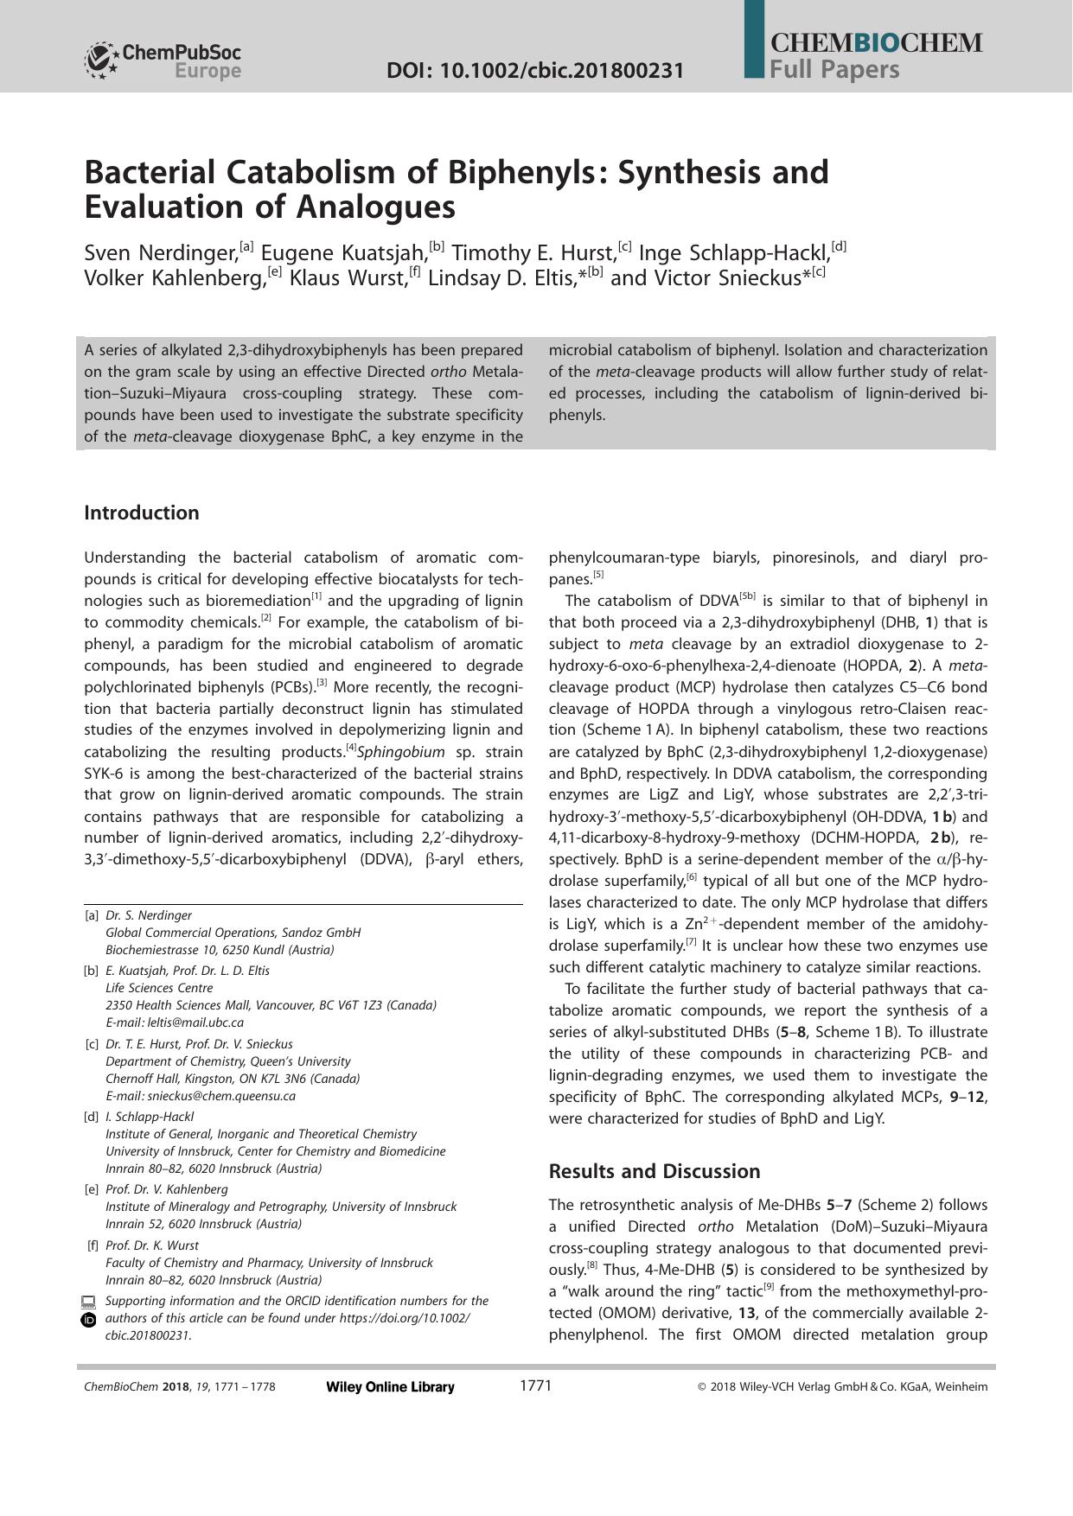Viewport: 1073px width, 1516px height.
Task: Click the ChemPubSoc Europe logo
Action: click(x=162, y=61)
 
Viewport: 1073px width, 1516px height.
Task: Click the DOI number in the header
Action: click(x=535, y=71)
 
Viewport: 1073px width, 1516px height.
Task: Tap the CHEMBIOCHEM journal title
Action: click(x=875, y=43)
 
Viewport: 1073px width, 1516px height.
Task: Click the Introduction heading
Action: click(x=142, y=513)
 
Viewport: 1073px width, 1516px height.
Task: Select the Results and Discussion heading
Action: click(x=655, y=1171)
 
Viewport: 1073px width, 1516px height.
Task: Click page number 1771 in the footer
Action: click(x=535, y=1386)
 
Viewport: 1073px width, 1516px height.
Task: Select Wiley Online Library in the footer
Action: click(x=390, y=1387)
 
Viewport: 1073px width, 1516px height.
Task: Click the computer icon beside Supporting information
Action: click(x=88, y=1301)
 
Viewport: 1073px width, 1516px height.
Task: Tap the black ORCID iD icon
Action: click(x=88, y=1319)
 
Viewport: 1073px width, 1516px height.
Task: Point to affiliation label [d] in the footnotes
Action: click(x=91, y=1117)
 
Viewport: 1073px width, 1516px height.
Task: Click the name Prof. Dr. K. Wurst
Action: click(x=151, y=1245)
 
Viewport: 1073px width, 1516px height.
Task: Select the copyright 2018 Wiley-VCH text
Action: click(x=842, y=1387)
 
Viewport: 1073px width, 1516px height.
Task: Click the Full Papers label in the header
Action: click(x=834, y=70)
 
